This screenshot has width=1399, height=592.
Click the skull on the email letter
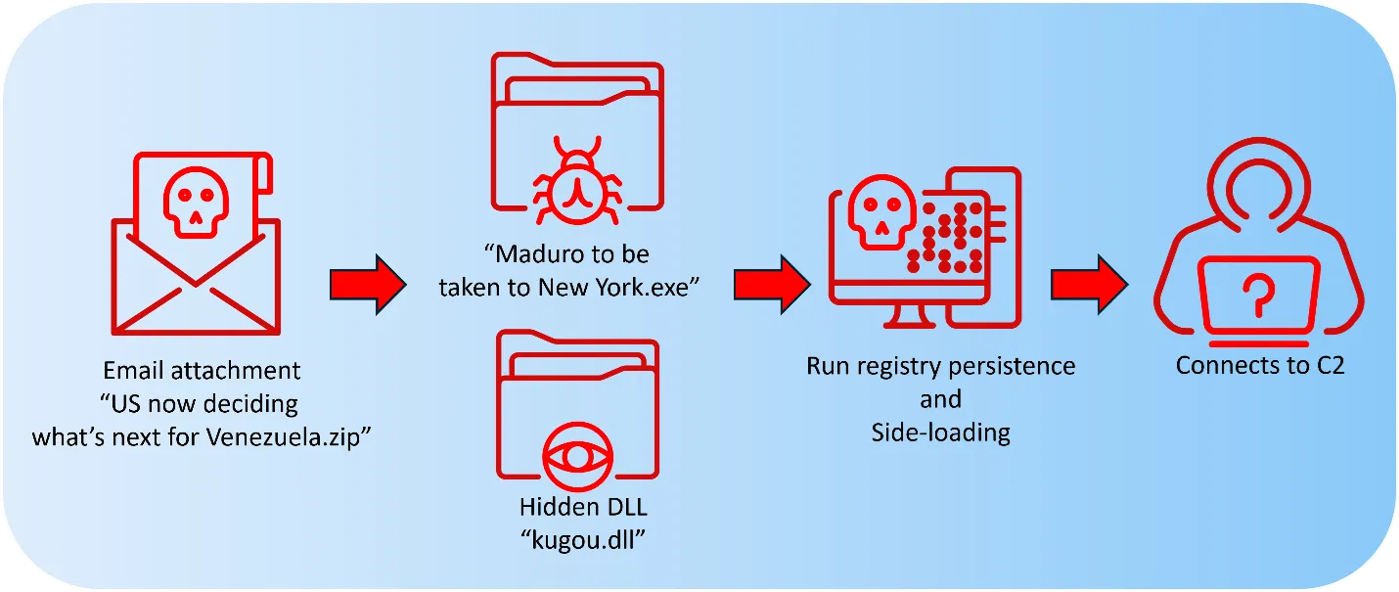click(197, 204)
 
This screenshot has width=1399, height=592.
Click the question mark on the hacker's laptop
click(1260, 293)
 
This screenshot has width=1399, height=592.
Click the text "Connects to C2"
click(1259, 366)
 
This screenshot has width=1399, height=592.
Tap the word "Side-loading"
click(940, 432)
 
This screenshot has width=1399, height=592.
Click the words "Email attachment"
click(202, 372)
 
